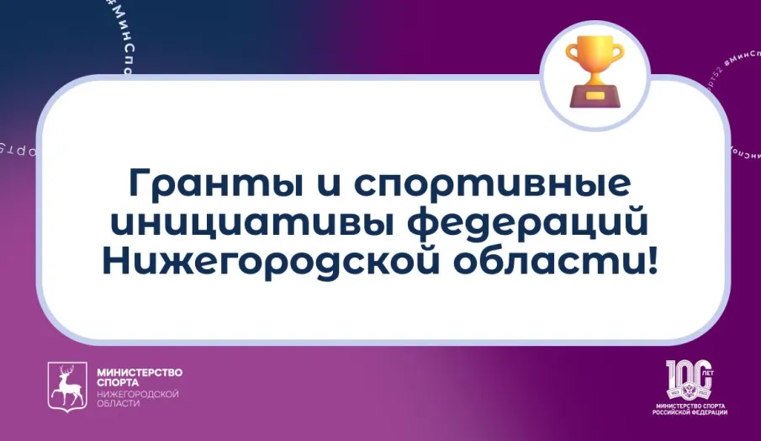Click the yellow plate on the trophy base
coord(595,97)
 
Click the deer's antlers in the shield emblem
coord(67,374)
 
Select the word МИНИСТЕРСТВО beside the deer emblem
coord(140,372)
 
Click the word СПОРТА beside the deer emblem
coord(118,383)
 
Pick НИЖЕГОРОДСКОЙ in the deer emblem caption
coord(138,394)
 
